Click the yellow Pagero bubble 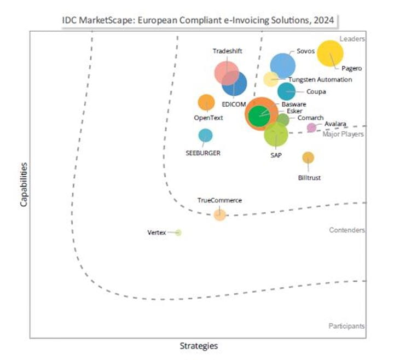point(331,54)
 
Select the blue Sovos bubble point(283,66)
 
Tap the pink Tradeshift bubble point(226,72)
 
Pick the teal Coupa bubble point(286,91)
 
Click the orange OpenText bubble point(206,102)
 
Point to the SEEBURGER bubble point(205,135)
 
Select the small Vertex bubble point(178,233)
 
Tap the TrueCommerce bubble point(219,214)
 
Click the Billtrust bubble point(308,158)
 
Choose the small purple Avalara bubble point(311,127)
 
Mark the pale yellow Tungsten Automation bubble point(271,79)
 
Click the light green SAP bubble point(276,134)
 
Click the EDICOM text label point(234,104)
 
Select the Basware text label point(294,104)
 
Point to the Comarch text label point(310,118)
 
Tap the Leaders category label point(352,39)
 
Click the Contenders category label point(347,230)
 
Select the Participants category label point(347,326)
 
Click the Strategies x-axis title point(199,346)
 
